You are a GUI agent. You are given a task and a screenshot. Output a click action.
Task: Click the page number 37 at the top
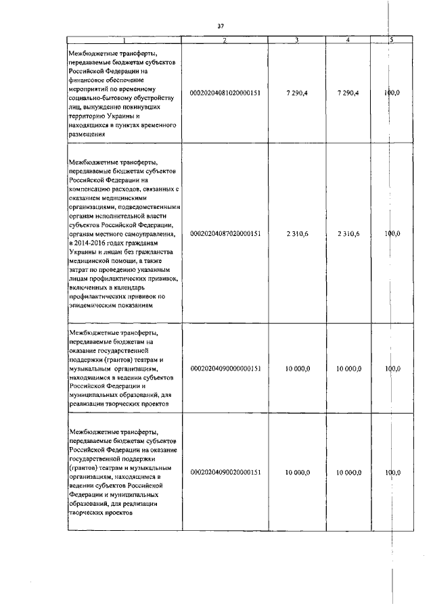(221, 26)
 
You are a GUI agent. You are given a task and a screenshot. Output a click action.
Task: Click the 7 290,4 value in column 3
(297, 93)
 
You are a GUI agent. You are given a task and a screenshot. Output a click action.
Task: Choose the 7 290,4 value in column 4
(347, 93)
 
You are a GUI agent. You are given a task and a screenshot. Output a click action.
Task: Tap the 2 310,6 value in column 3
(297, 233)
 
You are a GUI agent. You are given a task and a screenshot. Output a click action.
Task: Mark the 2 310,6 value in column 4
(347, 233)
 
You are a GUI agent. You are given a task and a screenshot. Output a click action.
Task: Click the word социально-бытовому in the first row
(100, 98)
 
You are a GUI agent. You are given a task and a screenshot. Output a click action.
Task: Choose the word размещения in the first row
(87, 134)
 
